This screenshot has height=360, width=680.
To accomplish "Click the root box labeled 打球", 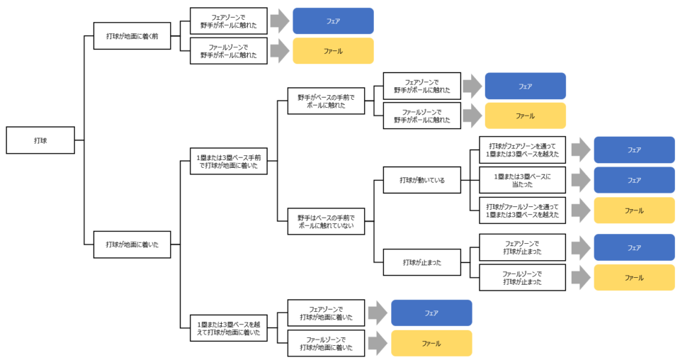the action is (40, 140).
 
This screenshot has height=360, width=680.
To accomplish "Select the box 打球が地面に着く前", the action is (132, 36).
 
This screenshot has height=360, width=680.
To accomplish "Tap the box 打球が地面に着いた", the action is (132, 244).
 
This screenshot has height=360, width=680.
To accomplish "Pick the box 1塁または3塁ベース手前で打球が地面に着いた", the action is (229, 162).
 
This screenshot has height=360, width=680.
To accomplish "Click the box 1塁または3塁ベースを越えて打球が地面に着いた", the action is (229, 328).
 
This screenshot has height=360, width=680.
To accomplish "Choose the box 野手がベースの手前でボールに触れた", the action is (326, 101).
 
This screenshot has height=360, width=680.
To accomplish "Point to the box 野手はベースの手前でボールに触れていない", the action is (326, 222).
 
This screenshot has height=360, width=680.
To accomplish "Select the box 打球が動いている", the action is (422, 180).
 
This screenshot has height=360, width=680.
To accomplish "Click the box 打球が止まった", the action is (422, 262).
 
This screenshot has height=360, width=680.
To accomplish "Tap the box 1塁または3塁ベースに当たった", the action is (522, 180).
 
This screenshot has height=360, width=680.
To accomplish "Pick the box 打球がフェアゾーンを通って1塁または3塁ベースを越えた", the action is (522, 150).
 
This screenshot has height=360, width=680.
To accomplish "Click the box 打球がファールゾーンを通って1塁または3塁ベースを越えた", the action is (522, 210).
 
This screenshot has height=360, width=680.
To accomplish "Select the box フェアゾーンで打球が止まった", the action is (522, 247).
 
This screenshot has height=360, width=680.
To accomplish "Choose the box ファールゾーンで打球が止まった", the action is (522, 278).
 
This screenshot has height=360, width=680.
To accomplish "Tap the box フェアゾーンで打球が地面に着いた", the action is (326, 313).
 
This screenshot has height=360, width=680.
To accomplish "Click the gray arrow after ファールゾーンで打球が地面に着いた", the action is (378, 344).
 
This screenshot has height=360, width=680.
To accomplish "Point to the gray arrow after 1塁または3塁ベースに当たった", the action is (581, 180).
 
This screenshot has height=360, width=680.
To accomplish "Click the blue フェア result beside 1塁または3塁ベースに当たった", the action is (634, 180).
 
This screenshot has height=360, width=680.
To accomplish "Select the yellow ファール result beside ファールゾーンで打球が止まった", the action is (634, 278).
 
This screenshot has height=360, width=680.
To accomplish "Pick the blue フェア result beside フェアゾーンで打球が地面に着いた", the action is (431, 313).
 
